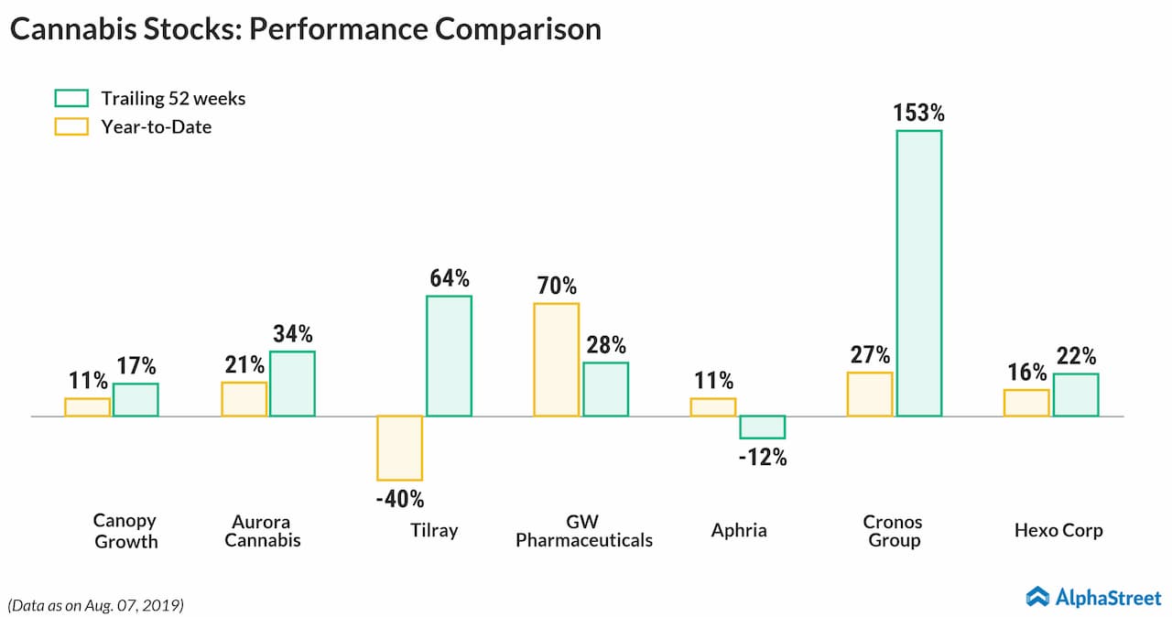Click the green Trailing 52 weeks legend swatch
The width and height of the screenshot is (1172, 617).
(71, 98)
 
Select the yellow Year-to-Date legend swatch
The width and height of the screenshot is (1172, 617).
(71, 126)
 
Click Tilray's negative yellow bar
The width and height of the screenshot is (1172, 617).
(399, 448)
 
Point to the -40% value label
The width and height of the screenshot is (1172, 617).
(399, 500)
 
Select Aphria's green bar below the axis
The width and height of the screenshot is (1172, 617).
(762, 427)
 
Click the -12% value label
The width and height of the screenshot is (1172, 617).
(763, 458)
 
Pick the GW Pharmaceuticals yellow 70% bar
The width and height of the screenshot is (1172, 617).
(556, 359)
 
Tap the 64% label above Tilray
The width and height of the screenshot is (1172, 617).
(449, 278)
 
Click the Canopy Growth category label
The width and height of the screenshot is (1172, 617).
(125, 531)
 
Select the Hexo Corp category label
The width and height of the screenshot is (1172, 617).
(1058, 530)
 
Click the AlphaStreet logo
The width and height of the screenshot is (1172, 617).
(1093, 597)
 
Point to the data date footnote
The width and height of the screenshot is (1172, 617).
(96, 604)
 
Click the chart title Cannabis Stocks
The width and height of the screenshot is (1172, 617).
(304, 29)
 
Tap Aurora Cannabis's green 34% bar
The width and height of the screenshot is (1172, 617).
(292, 384)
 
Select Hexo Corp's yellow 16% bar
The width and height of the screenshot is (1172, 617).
(1026, 403)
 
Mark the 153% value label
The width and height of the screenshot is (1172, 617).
(917, 114)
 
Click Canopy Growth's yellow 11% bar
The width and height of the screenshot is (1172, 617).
(87, 406)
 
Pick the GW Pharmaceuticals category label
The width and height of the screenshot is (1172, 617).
(583, 531)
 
